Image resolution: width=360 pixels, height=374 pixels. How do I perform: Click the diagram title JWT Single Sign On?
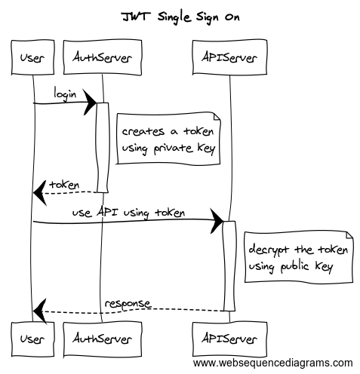click(180, 16)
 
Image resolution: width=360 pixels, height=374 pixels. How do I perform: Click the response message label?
click(128, 303)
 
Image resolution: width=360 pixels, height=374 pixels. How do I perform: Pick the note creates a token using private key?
click(168, 139)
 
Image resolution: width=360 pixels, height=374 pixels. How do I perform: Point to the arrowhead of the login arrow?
click(91, 102)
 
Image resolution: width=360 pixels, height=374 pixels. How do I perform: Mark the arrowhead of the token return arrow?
click(38, 193)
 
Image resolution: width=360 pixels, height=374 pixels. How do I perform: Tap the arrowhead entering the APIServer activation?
click(218, 222)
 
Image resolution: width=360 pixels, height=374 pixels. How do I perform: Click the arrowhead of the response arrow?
click(38, 311)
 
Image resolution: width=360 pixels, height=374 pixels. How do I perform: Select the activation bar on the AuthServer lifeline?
click(100, 147)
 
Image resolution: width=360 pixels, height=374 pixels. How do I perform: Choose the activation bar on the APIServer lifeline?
click(228, 265)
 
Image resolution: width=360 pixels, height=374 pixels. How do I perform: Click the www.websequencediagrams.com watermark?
click(272, 362)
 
